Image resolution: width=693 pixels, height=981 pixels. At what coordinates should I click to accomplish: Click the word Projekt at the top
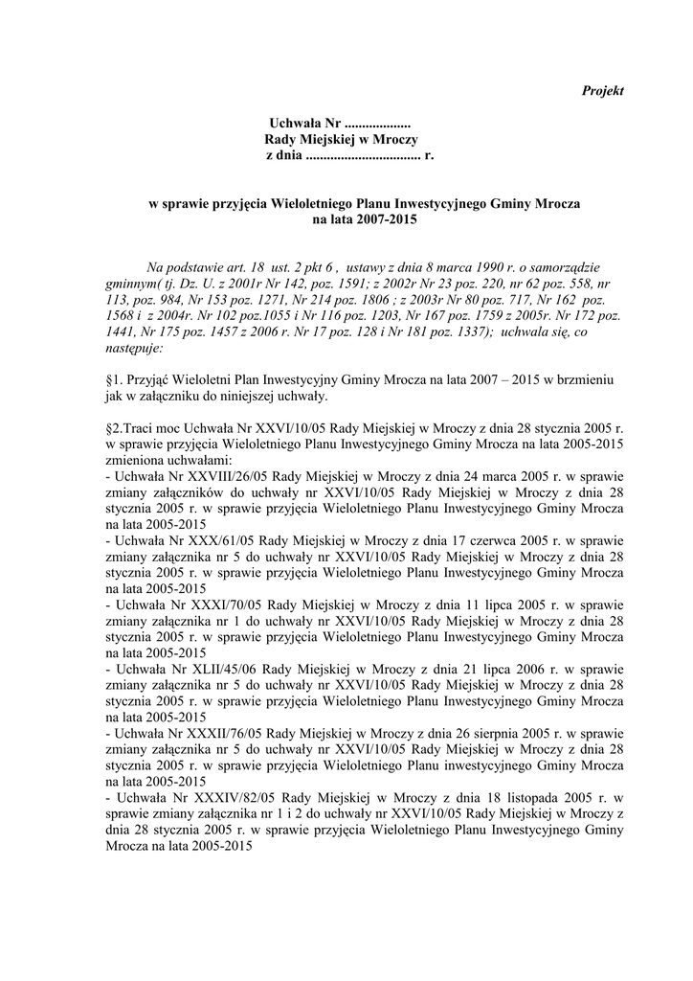[603, 91]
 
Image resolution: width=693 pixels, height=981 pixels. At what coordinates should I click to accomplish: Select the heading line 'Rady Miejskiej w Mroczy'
[335, 140]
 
